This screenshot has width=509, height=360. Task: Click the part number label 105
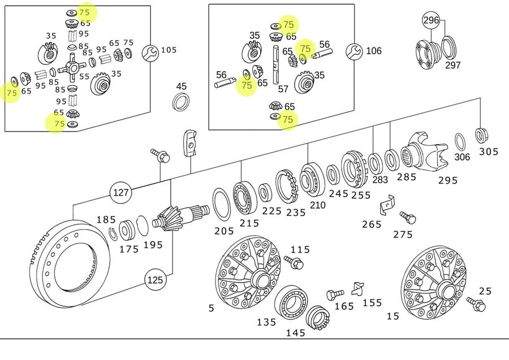click(x=169, y=50)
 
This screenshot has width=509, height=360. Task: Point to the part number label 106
click(x=374, y=51)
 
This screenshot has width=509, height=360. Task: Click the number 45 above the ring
click(x=181, y=86)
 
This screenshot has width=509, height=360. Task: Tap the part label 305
click(x=489, y=151)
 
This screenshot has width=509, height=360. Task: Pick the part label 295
click(x=448, y=180)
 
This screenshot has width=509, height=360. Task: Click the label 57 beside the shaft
click(x=283, y=89)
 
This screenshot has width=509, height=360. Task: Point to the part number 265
click(x=372, y=224)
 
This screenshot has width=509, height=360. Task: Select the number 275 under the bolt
click(x=403, y=234)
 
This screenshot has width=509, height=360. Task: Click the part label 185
click(x=106, y=220)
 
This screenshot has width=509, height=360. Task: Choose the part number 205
click(x=224, y=231)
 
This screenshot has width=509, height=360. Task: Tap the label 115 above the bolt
click(x=300, y=249)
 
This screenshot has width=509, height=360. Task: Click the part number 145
click(x=295, y=333)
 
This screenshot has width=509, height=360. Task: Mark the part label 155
click(x=372, y=303)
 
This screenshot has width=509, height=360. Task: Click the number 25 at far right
click(x=485, y=291)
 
